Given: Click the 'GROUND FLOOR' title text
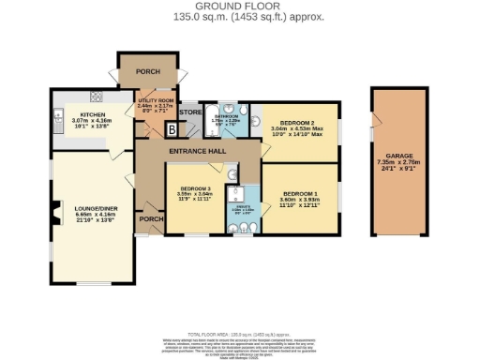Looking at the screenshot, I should click(241, 7).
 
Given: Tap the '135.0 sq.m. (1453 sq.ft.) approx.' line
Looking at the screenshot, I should click(241, 17).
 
